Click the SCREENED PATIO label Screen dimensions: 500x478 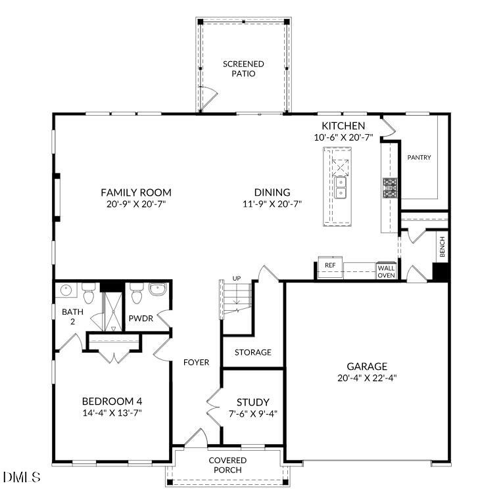[243, 69]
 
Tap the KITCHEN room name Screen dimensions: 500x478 [343, 126]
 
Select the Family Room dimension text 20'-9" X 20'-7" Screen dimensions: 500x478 [135, 204]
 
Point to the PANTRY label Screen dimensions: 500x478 [419, 158]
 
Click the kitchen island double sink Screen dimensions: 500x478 [340, 192]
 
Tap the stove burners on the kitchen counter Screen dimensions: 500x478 [390, 188]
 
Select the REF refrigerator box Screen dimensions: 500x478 [330, 265]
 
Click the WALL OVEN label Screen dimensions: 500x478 [385, 271]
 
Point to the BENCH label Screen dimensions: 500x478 [442, 247]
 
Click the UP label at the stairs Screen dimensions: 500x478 [236, 279]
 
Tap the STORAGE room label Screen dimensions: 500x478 [253, 353]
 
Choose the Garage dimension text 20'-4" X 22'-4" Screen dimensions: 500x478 [367, 378]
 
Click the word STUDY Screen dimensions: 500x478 [252, 402]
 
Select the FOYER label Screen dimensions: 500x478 [196, 363]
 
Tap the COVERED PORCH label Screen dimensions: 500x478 [227, 465]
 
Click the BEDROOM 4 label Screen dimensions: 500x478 [112, 401]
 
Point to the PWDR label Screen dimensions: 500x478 [140, 318]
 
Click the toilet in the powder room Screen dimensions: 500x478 [136, 296]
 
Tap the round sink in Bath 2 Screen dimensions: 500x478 [66, 290]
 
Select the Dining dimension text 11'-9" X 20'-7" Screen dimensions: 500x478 [272, 204]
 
